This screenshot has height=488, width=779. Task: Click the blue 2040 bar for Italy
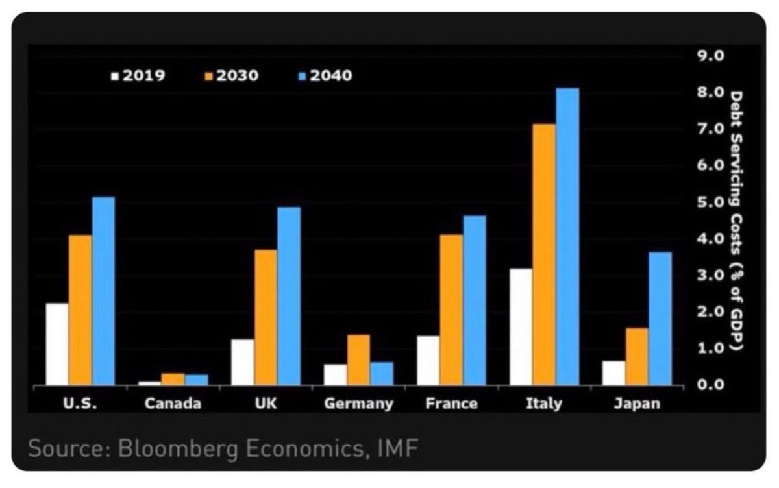(x=567, y=237)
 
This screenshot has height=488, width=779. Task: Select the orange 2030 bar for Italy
(x=544, y=254)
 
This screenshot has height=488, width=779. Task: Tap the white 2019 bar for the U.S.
(x=57, y=344)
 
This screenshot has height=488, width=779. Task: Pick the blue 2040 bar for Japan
(x=660, y=319)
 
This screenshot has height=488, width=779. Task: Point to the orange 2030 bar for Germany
(x=358, y=360)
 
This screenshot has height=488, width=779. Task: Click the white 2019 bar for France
(x=428, y=361)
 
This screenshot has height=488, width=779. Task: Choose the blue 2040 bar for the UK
(x=289, y=296)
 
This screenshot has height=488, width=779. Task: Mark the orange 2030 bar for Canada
(x=173, y=379)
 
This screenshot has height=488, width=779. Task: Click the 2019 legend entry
(x=138, y=75)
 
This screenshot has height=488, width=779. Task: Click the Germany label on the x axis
(x=358, y=404)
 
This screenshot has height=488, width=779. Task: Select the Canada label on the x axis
(x=173, y=404)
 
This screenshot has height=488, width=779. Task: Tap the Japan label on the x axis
(x=637, y=404)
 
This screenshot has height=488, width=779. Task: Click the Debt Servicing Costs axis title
(x=736, y=221)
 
